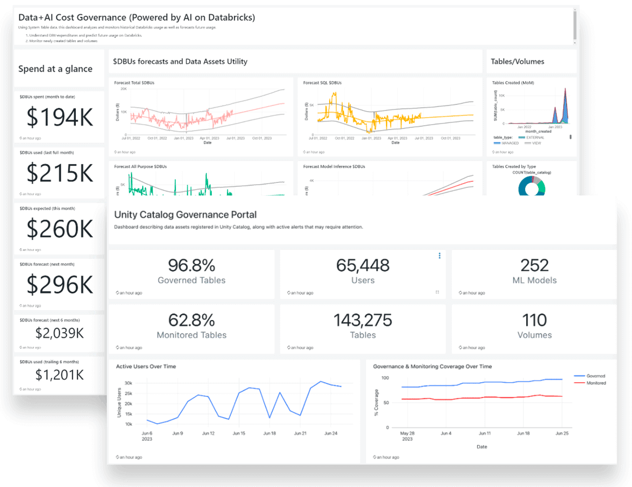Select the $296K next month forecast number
tap(60, 284)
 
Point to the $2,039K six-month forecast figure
tap(60, 333)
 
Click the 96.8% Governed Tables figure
tap(191, 265)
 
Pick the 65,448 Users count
tap(362, 265)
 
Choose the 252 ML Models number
tap(534, 265)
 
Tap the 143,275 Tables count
tap(362, 320)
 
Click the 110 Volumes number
tap(534, 320)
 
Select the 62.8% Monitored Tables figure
tap(191, 320)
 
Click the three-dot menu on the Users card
tap(439, 256)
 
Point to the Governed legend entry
tap(595, 376)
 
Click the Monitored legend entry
tap(595, 383)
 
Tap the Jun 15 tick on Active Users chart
tap(239, 433)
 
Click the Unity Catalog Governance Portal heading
tap(185, 215)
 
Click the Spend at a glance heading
tap(55, 69)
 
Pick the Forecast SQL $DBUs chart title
tap(322, 83)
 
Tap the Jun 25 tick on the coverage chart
tap(562, 433)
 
